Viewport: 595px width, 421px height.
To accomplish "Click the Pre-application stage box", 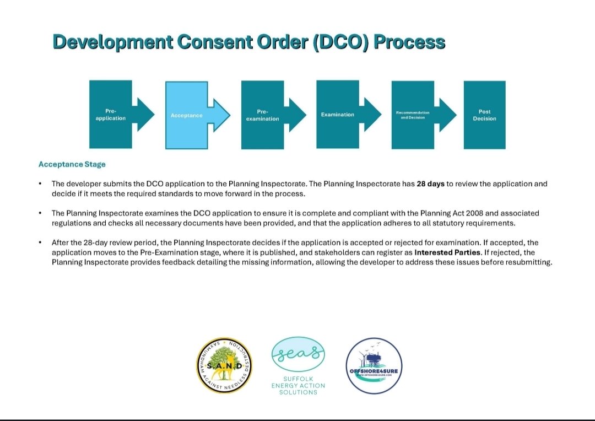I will click(x=111, y=115).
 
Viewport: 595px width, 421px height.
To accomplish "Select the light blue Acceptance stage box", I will click(x=187, y=115).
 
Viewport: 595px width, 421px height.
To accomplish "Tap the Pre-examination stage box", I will click(x=263, y=115).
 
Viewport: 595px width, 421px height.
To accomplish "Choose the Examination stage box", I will click(x=338, y=115).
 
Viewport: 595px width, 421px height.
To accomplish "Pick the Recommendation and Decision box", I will click(x=413, y=115).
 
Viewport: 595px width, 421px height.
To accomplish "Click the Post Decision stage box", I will click(x=484, y=115).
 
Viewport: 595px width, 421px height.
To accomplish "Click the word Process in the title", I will click(x=409, y=42).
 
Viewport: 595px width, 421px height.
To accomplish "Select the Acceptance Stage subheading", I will click(x=72, y=164).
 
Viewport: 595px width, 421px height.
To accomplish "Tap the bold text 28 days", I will click(x=430, y=184).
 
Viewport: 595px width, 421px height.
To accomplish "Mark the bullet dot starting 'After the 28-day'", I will click(x=40, y=242).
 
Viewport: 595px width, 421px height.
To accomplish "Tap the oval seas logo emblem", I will click(x=298, y=355).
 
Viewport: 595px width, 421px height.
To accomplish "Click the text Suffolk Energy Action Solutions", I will click(x=298, y=385).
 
